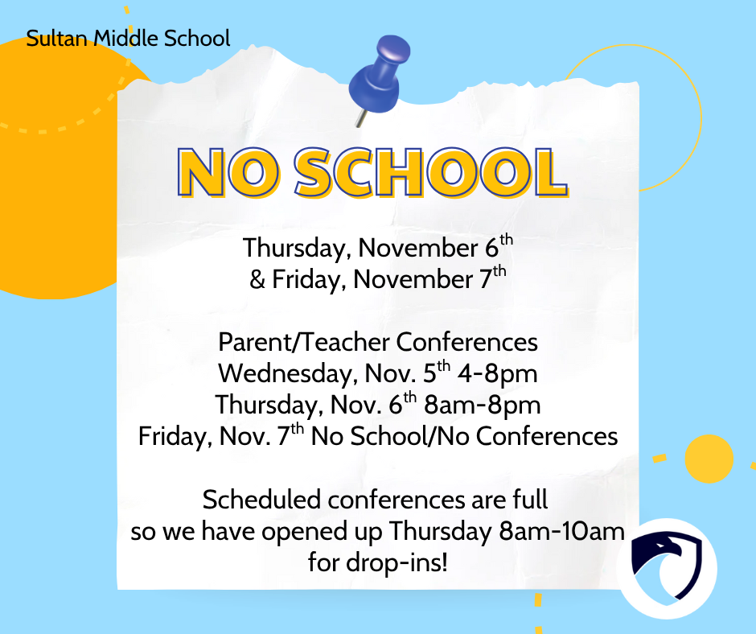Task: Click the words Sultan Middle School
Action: click(128, 38)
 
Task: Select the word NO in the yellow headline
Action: click(219, 173)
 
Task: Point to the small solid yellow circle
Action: click(709, 457)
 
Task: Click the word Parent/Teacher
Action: click(305, 342)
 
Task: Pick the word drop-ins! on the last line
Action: click(377, 562)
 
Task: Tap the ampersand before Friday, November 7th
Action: click(257, 280)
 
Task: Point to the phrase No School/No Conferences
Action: click(465, 437)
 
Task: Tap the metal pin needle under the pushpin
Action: click(358, 117)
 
